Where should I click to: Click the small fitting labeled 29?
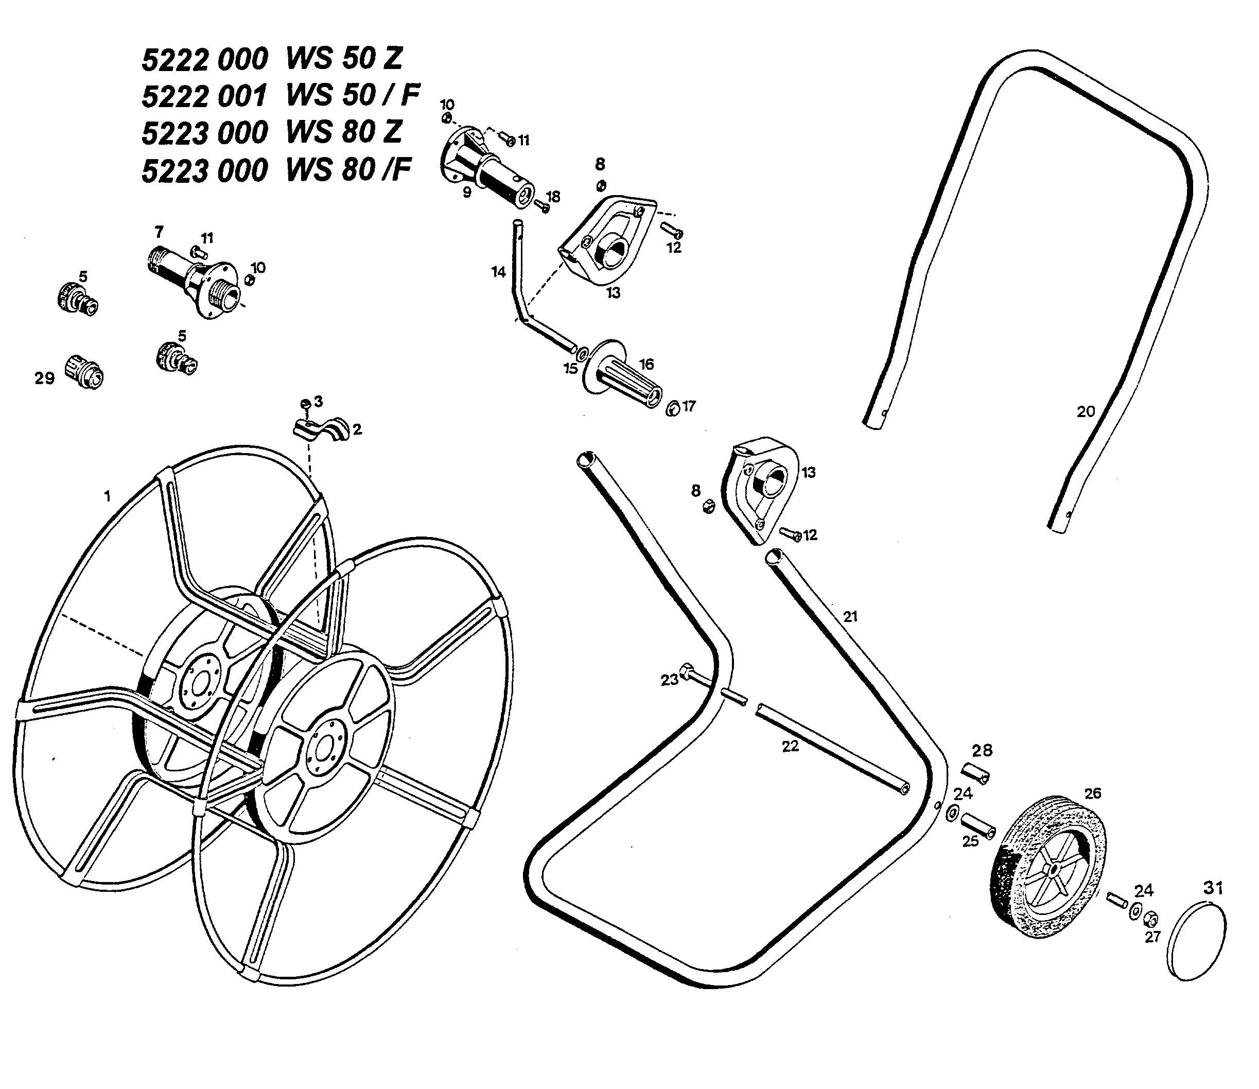[x=84, y=370]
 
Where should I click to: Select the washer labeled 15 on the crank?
[x=582, y=353]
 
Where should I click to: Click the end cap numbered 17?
[x=672, y=409]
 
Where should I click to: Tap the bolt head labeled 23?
[x=686, y=671]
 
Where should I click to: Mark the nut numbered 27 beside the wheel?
[x=1150, y=918]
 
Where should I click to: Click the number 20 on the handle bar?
[x=1085, y=411]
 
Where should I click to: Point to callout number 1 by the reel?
[x=108, y=496]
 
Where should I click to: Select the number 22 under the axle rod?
[x=790, y=746]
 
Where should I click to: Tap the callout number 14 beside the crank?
[x=498, y=272]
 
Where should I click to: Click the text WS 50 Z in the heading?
[x=344, y=58]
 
